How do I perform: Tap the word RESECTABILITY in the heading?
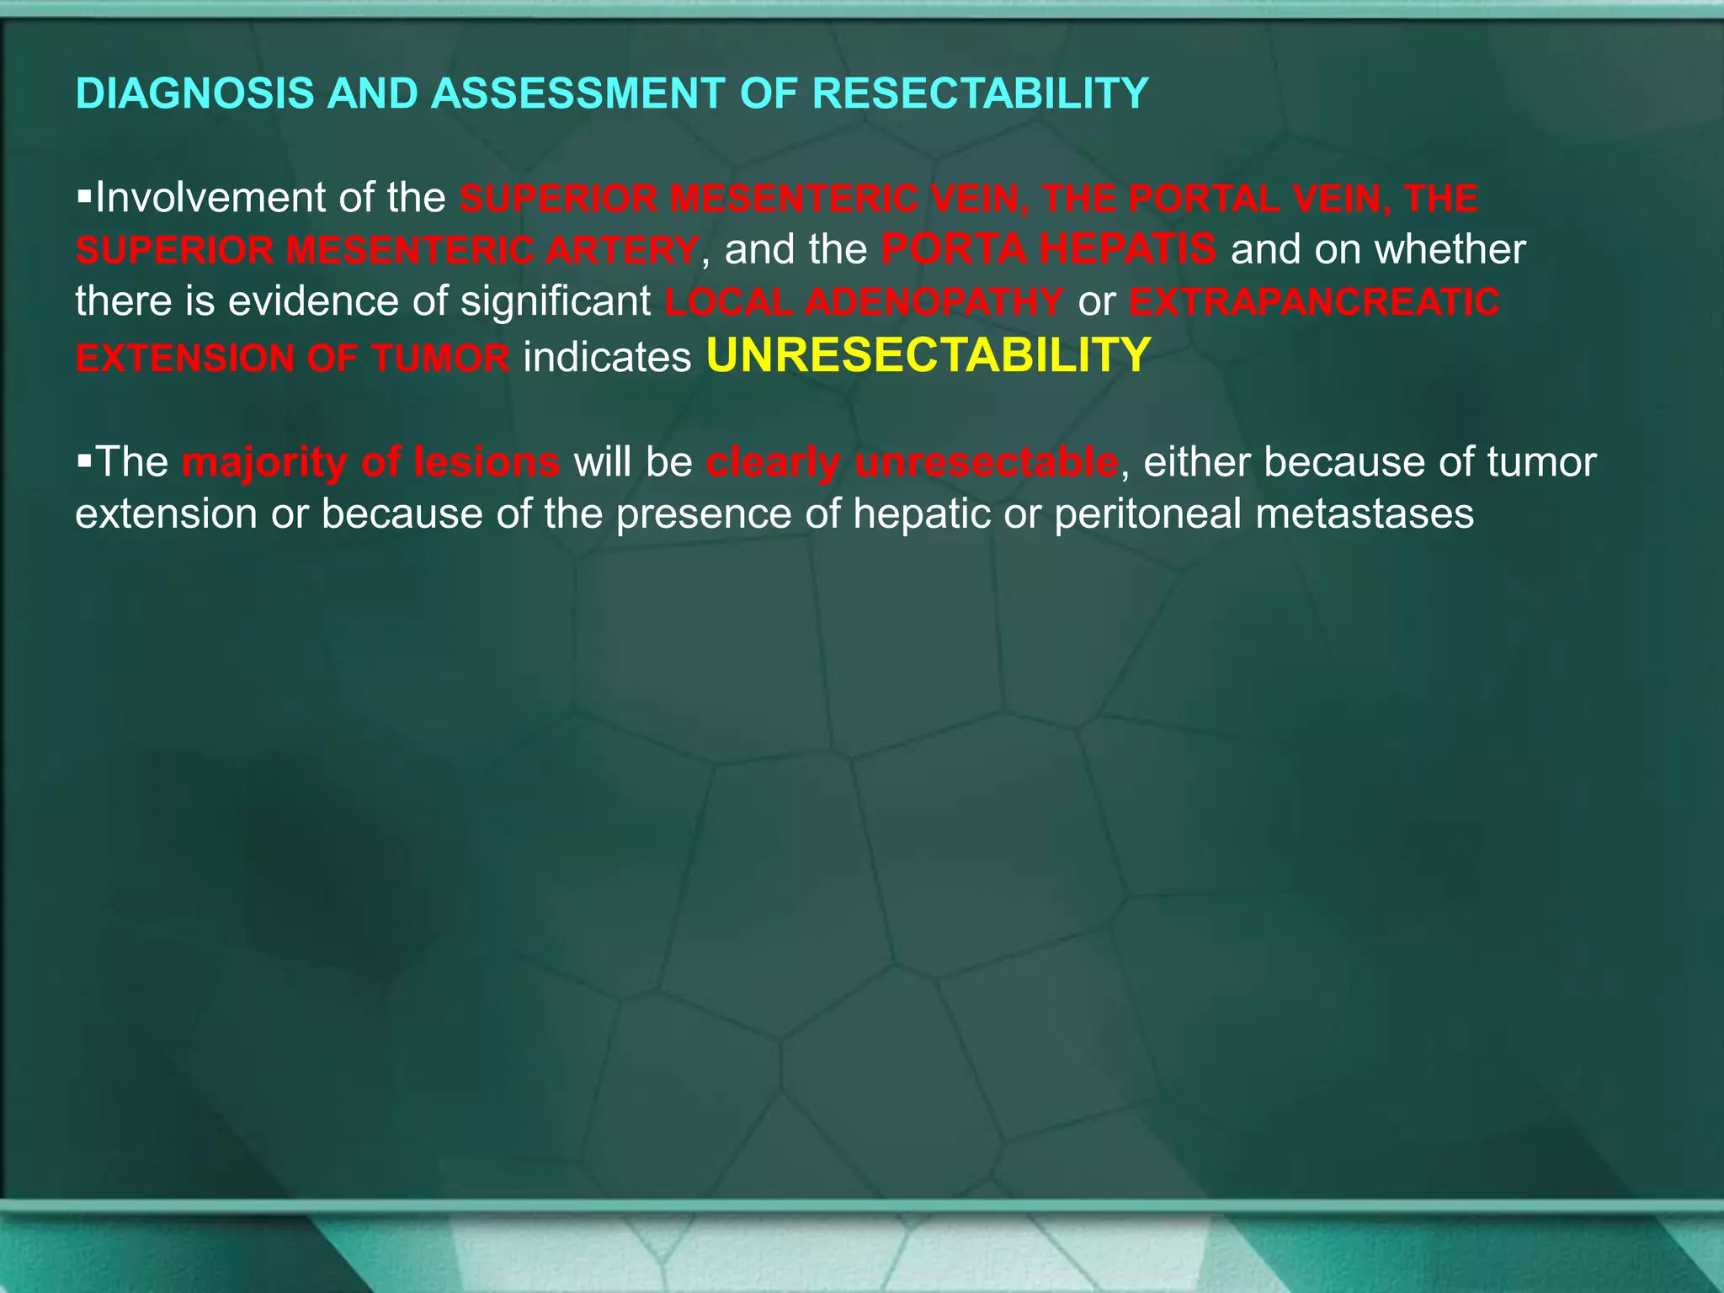pyautogui.click(x=980, y=93)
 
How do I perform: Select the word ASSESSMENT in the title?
pyautogui.click(x=577, y=93)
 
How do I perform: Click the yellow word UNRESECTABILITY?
pyautogui.click(x=929, y=355)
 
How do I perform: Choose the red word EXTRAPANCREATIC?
pyautogui.click(x=1314, y=302)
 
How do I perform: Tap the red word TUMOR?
pyautogui.click(x=439, y=359)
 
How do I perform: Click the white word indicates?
pyautogui.click(x=607, y=357)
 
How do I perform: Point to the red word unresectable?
pyautogui.click(x=986, y=462)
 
